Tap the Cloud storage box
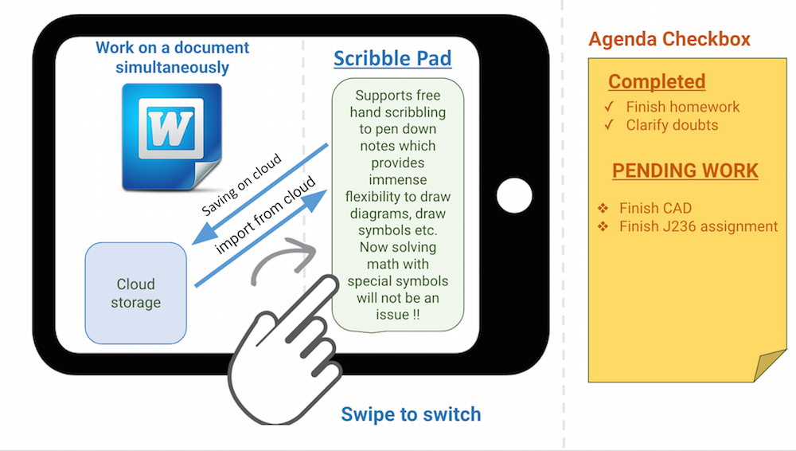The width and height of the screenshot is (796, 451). click(135, 293)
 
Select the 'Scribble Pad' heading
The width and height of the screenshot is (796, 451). click(392, 58)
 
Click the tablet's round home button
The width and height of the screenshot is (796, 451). click(513, 195)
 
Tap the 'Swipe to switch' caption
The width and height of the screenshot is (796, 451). click(411, 414)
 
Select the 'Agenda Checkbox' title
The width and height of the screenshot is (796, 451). click(669, 39)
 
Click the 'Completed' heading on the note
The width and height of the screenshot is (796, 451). click(657, 81)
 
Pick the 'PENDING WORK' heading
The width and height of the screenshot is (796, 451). click(685, 171)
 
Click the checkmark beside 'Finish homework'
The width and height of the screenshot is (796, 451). click(609, 107)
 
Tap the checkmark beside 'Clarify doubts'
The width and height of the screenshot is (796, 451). click(609, 125)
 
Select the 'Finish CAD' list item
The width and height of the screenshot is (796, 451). click(655, 209)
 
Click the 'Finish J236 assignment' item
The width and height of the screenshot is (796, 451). click(698, 227)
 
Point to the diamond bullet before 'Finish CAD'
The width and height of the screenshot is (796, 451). click(603, 209)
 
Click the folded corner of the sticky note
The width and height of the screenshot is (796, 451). click(771, 366)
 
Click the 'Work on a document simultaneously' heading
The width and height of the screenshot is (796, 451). click(172, 57)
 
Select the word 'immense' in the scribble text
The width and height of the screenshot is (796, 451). click(396, 180)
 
